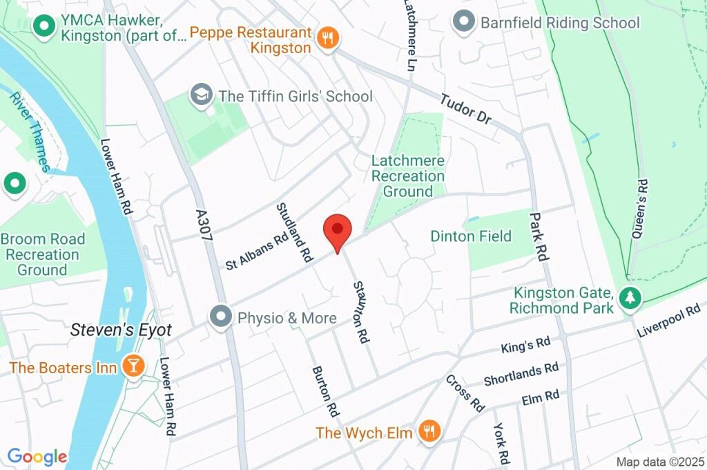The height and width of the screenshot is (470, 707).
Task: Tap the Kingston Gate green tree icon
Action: (629, 298)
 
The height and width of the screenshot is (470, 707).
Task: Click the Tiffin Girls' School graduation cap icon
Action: (202, 95)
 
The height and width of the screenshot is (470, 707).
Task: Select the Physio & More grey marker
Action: (221, 317)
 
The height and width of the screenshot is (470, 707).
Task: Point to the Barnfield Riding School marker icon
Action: (463, 21)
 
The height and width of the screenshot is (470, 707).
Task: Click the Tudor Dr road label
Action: (465, 109)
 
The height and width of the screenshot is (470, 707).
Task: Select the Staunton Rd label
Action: (360, 312)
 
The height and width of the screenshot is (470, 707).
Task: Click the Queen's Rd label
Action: (640, 209)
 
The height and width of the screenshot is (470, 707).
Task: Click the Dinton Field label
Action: (471, 236)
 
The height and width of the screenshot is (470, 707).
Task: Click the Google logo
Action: (37, 456)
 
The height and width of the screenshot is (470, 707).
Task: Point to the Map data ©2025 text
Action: (660, 462)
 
